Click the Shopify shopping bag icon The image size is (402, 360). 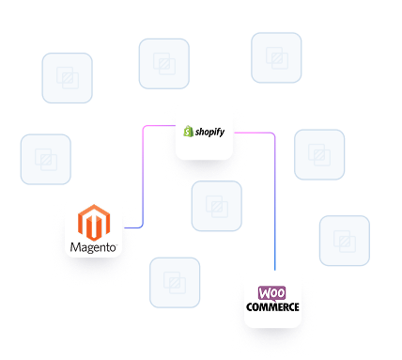click(x=188, y=132)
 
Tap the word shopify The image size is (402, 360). click(x=210, y=133)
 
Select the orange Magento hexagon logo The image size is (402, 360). click(x=95, y=224)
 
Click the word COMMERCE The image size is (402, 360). click(x=273, y=307)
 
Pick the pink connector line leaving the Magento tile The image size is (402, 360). click(x=142, y=188)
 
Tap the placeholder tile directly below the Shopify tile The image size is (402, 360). click(x=216, y=207)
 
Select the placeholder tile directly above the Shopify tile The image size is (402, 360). click(x=164, y=63)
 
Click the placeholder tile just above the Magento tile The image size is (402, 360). click(x=45, y=159)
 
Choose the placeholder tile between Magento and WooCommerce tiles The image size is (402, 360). click(x=175, y=282)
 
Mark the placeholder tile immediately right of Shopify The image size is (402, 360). click(x=319, y=154)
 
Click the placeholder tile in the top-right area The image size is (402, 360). click(x=276, y=57)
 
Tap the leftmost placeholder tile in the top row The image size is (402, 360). click(x=68, y=78)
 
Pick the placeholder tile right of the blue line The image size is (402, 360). click(x=344, y=241)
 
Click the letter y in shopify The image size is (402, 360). click(x=222, y=133)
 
